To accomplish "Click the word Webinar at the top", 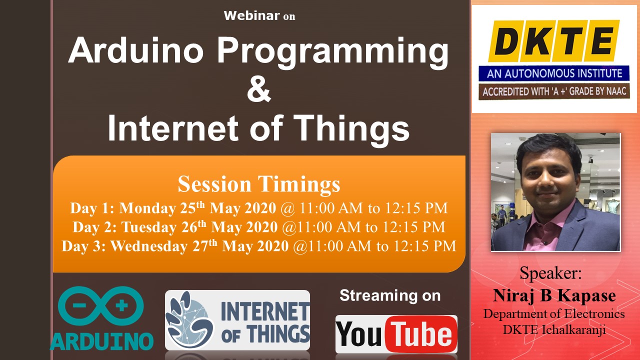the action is coord(251,15).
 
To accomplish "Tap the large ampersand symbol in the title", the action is coord(258,89).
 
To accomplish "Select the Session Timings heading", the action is coord(259,184).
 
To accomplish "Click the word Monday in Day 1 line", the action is coord(147,208).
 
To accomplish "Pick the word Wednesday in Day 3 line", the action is coord(149,246).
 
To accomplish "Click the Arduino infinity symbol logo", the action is coord(101,306).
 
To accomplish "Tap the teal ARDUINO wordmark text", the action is coord(101,341).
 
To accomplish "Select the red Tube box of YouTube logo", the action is coord(421,334).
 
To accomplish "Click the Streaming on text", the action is coord(390,295).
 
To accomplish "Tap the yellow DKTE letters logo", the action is coord(553,41).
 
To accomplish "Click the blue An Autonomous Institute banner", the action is coord(554,73).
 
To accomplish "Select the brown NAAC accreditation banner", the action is coord(554,91).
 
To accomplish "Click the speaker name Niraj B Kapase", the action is coord(554,295).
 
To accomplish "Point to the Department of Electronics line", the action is coord(554,314).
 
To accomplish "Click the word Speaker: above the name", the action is coord(550,273).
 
